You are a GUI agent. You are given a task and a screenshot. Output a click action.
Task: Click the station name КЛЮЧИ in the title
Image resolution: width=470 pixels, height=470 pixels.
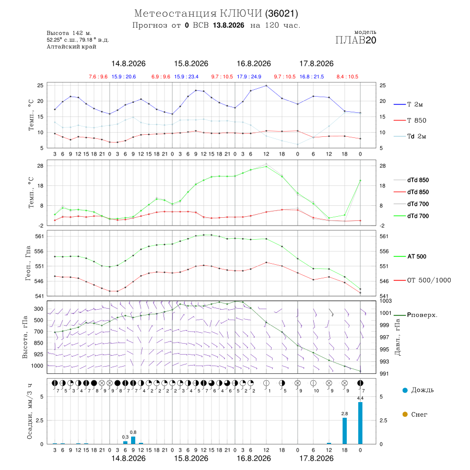click(x=241, y=14)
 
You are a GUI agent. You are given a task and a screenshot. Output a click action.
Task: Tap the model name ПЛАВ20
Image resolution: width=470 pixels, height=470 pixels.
click(x=356, y=40)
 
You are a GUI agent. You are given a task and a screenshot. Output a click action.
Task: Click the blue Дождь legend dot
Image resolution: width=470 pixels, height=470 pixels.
click(x=405, y=390)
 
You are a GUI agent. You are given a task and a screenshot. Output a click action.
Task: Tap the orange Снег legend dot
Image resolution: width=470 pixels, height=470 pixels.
click(x=405, y=414)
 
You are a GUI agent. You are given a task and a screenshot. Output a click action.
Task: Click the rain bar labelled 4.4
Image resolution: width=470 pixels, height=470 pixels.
click(x=360, y=423)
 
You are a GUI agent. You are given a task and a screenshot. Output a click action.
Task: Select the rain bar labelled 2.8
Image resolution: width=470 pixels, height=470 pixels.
click(x=345, y=431)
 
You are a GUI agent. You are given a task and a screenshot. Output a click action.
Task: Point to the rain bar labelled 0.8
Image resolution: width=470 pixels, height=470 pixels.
click(x=133, y=440)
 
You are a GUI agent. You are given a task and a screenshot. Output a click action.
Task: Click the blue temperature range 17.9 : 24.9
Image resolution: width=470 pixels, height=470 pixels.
click(x=249, y=77)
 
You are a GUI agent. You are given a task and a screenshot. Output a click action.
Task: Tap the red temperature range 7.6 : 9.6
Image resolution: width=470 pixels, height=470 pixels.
click(x=98, y=77)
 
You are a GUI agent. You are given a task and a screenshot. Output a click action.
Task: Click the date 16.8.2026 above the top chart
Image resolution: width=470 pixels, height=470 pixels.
click(x=254, y=64)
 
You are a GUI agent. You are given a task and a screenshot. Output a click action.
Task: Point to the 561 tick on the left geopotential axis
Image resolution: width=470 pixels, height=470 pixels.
click(x=39, y=236)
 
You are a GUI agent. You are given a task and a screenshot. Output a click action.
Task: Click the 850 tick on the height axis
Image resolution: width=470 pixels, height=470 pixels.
click(x=38, y=343)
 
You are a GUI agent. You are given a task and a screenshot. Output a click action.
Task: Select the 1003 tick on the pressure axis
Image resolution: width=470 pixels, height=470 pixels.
click(x=385, y=301)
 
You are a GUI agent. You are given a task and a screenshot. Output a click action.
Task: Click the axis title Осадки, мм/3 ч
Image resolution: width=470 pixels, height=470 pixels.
click(x=30, y=412)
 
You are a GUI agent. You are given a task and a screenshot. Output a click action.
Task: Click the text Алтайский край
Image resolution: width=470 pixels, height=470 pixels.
click(x=72, y=46)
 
